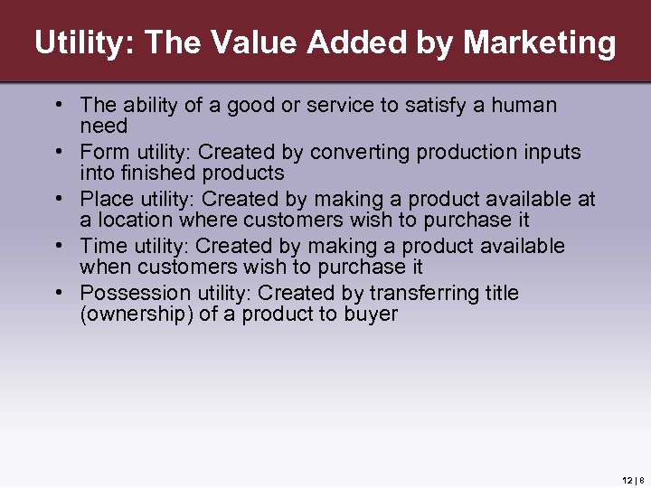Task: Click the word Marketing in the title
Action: pos(539,42)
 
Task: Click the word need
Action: pos(104,127)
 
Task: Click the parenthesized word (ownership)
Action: pos(137,314)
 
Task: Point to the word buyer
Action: pos(372,314)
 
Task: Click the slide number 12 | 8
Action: pos(632,480)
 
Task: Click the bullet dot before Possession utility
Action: pos(57,293)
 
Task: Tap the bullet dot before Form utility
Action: pos(57,152)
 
